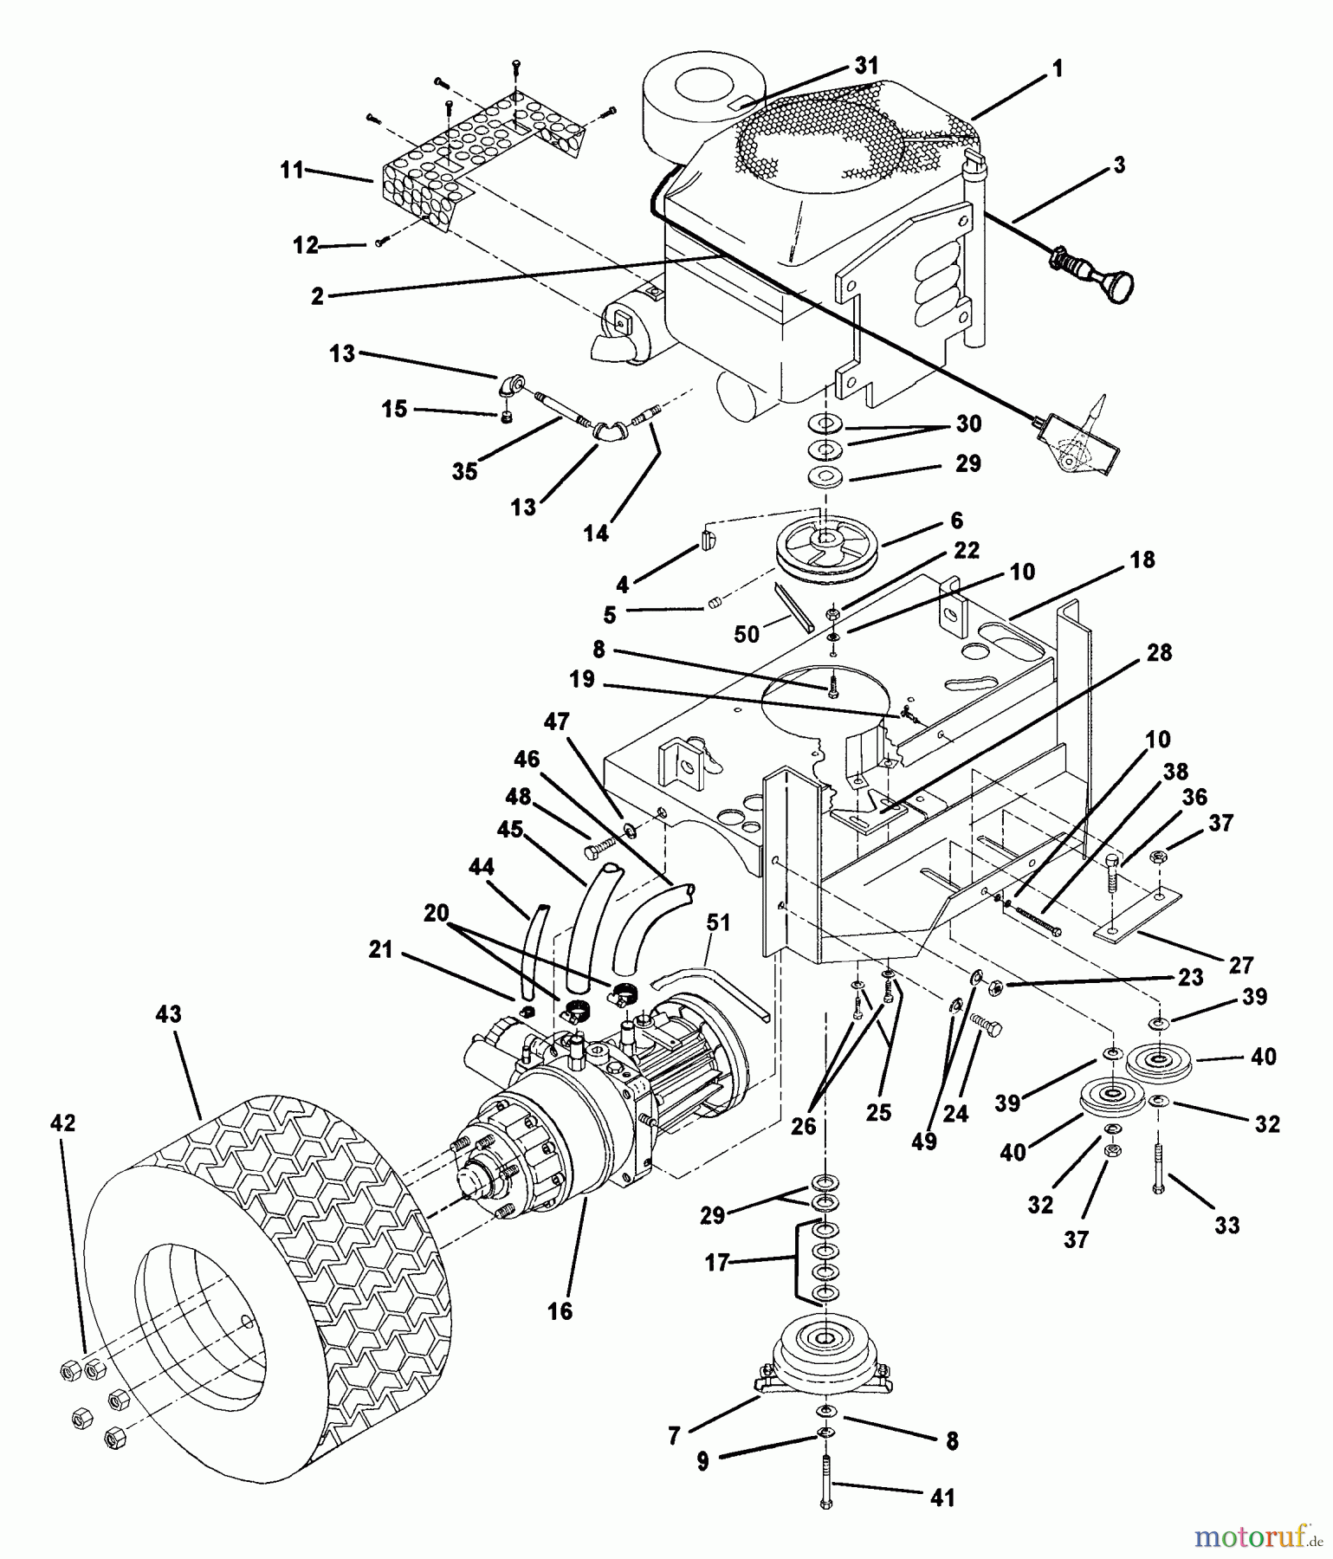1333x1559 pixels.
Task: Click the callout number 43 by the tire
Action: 169,1014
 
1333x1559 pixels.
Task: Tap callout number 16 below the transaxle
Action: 560,1310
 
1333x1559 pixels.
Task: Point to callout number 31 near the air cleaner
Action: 865,66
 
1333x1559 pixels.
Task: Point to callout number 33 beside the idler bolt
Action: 1226,1225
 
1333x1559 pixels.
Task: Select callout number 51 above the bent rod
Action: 718,924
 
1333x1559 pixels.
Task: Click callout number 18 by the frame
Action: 1142,560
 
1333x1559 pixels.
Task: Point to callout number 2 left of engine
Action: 317,296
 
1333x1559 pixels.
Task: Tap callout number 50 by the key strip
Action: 746,635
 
